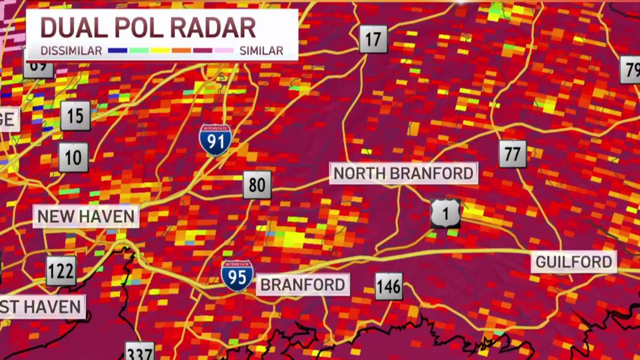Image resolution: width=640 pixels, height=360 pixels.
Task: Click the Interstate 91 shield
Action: point(215,140)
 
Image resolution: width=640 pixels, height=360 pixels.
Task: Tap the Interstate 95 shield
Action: point(237,276)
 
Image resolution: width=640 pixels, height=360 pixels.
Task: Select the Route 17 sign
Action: point(373,39)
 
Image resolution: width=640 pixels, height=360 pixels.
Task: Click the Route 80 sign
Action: point(257,185)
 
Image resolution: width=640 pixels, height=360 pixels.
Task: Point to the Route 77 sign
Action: point(513,155)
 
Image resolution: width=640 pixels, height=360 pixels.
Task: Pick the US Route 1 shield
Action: point(445,213)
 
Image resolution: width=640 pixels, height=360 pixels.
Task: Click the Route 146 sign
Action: point(389,287)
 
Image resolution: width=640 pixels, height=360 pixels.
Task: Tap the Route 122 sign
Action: point(61,271)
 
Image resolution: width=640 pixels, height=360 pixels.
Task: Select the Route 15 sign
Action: point(75,116)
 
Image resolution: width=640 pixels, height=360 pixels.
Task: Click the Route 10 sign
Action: point(73,157)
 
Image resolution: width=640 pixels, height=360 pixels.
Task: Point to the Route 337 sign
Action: point(140,352)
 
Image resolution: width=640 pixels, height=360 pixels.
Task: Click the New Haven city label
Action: point(86,217)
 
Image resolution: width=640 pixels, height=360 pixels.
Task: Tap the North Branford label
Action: point(403,173)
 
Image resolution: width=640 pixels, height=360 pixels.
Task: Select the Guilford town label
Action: point(573,262)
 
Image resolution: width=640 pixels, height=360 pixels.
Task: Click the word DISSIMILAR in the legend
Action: point(71,51)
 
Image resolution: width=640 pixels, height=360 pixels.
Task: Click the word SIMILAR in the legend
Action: point(261,51)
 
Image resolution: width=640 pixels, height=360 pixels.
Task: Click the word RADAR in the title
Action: point(214,28)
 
